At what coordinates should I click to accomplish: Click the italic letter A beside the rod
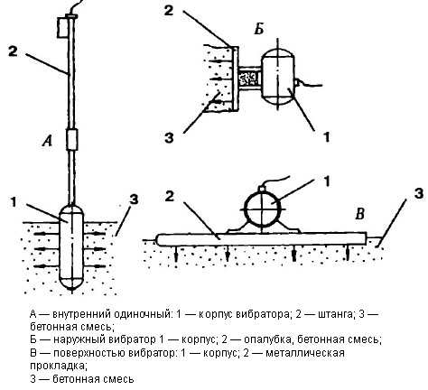pyautogui.click(x=48, y=141)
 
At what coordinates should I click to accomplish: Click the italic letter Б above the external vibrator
pyautogui.click(x=259, y=29)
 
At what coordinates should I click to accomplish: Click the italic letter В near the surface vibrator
pyautogui.click(x=359, y=215)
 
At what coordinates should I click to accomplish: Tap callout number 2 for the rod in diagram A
pyautogui.click(x=13, y=51)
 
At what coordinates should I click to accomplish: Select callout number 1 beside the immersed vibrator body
pyautogui.click(x=14, y=202)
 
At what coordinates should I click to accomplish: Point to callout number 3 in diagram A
pyautogui.click(x=134, y=200)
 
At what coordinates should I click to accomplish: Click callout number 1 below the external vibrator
pyautogui.click(x=327, y=137)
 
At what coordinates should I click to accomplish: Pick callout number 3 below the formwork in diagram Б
pyautogui.click(x=169, y=138)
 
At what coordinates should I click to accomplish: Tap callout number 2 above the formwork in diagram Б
pyautogui.click(x=169, y=10)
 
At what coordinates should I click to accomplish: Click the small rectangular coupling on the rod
pyautogui.click(x=72, y=139)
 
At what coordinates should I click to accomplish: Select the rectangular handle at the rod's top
pyautogui.click(x=63, y=27)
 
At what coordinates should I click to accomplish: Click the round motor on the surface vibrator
pyautogui.click(x=262, y=207)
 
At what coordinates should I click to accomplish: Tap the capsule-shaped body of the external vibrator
pyautogui.click(x=277, y=75)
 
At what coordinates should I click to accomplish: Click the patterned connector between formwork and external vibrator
pyautogui.click(x=249, y=78)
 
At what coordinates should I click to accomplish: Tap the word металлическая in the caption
pyautogui.click(x=305, y=353)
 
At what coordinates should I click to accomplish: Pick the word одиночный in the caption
pyautogui.click(x=142, y=314)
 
